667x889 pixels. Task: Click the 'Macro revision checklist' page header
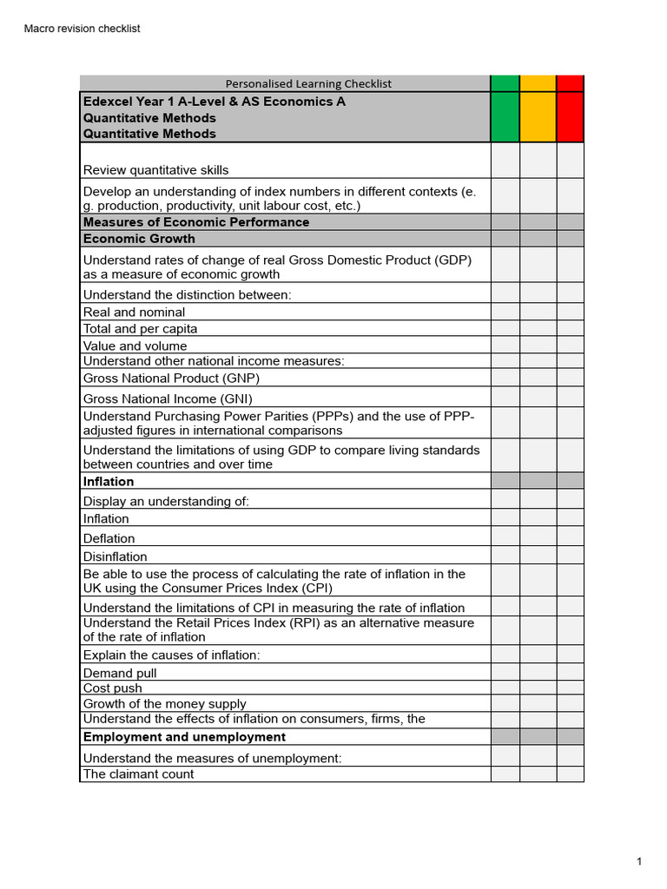82,29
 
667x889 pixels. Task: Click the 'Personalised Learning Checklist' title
308,83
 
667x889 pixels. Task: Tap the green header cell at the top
505,109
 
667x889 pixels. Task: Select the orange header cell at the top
538,109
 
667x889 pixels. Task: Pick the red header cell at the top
570,109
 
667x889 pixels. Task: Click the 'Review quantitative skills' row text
156,170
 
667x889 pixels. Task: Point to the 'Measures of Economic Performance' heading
195,222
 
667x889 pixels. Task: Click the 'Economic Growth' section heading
139,239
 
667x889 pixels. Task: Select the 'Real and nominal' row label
134,312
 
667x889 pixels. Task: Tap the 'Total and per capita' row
140,329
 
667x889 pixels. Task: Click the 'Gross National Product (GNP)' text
171,379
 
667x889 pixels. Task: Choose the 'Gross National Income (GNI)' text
168,399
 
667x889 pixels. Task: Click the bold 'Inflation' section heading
109,482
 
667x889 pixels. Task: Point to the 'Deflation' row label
109,538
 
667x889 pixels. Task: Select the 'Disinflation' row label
115,556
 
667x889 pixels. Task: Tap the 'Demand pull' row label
120,673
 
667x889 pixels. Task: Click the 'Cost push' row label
112,688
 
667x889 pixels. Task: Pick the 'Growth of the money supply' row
164,704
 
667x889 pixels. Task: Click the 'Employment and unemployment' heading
184,737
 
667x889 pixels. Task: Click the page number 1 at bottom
638,861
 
